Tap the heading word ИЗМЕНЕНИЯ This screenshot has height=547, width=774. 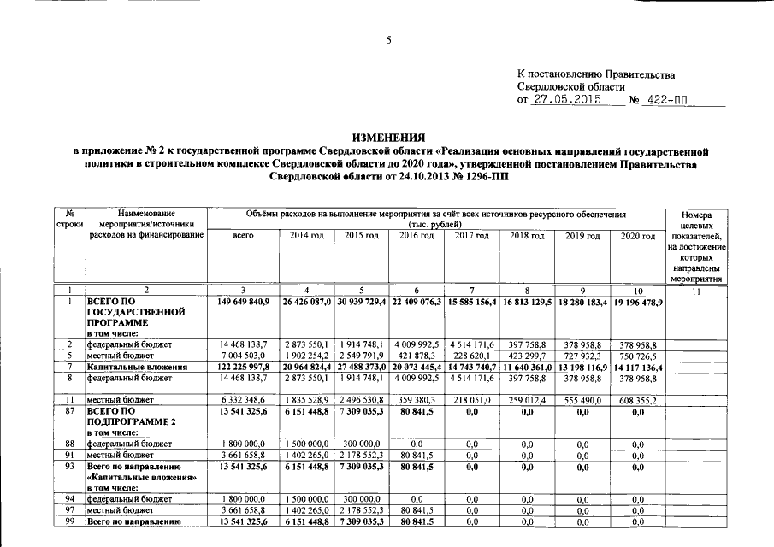[x=389, y=138]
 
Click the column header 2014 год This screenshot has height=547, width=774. [x=306, y=235]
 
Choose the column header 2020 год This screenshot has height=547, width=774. [x=637, y=235]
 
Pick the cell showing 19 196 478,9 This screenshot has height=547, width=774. [x=637, y=302]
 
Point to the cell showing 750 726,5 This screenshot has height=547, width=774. [x=637, y=355]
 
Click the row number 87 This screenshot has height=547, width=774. [x=68, y=410]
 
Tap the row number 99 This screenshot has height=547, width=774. [x=68, y=521]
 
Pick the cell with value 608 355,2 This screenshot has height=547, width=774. [x=637, y=399]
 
